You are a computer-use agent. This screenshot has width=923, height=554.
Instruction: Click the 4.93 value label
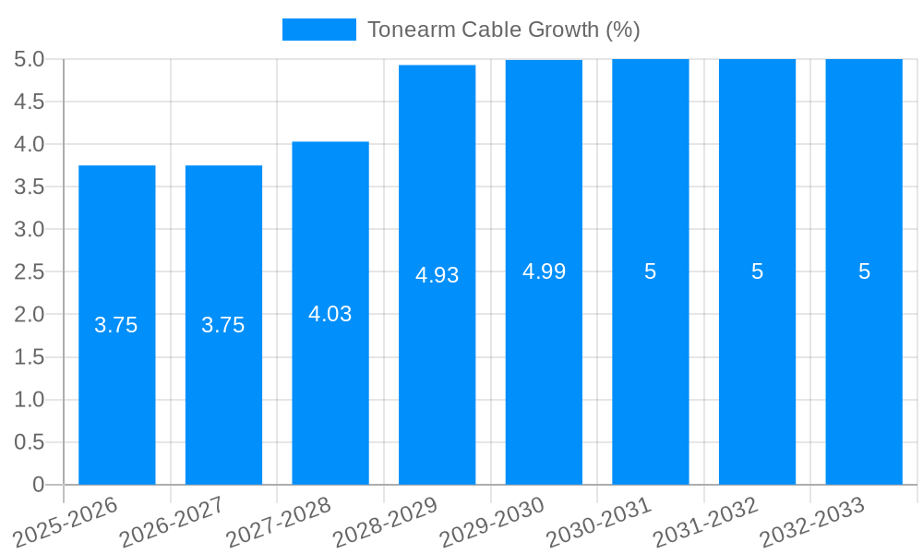click(437, 275)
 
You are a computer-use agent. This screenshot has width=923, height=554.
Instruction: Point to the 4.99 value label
click(544, 271)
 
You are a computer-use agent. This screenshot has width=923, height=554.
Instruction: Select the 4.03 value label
click(330, 314)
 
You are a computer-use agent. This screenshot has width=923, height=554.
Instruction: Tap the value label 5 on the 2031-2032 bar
click(757, 271)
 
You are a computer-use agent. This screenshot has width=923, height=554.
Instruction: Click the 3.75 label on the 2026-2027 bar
click(223, 325)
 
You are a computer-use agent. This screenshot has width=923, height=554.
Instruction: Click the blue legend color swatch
click(318, 30)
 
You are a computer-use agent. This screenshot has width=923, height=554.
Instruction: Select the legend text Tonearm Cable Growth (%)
click(503, 30)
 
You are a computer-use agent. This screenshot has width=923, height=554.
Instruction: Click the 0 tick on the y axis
click(38, 485)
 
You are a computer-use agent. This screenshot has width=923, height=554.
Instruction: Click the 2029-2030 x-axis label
click(493, 522)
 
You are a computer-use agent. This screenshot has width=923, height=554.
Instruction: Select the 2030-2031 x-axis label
click(600, 522)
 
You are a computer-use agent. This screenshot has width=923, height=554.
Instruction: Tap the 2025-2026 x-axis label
click(66, 522)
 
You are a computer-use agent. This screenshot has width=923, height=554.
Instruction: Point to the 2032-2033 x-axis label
click(813, 522)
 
